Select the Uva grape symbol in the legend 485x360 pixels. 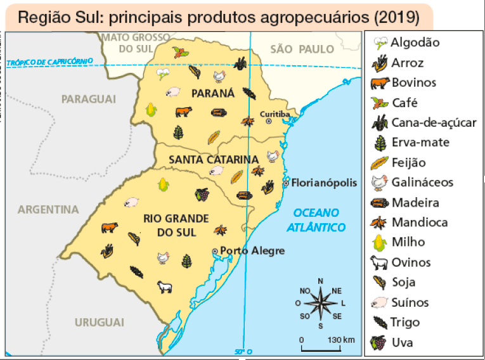[378, 343]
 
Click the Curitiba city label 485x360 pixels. [275, 113]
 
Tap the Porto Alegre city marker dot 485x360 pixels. [215, 251]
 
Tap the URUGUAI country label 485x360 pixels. [99, 322]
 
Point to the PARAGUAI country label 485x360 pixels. [89, 99]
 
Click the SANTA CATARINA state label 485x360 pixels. [213, 159]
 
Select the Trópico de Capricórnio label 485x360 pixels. [50, 61]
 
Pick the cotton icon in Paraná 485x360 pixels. [162, 74]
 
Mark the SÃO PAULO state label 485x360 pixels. [302, 49]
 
